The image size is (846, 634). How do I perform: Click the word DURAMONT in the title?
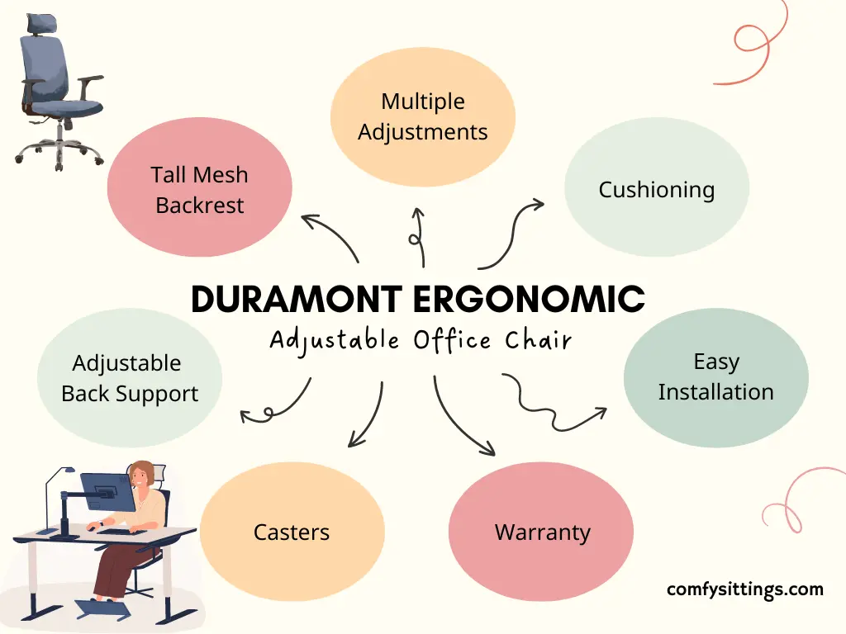click(x=297, y=299)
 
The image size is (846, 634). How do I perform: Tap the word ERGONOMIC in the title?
click(x=530, y=299)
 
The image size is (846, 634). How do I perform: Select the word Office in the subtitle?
click(x=452, y=341)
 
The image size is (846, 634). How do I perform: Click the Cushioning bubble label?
click(x=657, y=190)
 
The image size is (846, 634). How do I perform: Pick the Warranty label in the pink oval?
click(x=542, y=532)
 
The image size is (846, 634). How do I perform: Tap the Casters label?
click(x=292, y=532)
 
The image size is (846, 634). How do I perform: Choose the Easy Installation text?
click(x=716, y=376)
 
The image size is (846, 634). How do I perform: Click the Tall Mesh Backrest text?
click(x=200, y=190)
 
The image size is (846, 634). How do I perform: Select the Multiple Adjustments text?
click(x=423, y=117)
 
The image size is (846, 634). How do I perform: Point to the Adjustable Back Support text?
click(x=130, y=378)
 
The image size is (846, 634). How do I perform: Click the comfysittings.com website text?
click(x=745, y=589)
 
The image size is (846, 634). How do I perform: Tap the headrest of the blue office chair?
click(x=42, y=23)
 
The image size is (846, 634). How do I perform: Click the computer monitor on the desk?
click(x=108, y=492)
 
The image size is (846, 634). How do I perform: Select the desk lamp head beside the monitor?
click(x=69, y=470)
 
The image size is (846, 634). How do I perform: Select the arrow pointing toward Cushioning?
click(x=512, y=233)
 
